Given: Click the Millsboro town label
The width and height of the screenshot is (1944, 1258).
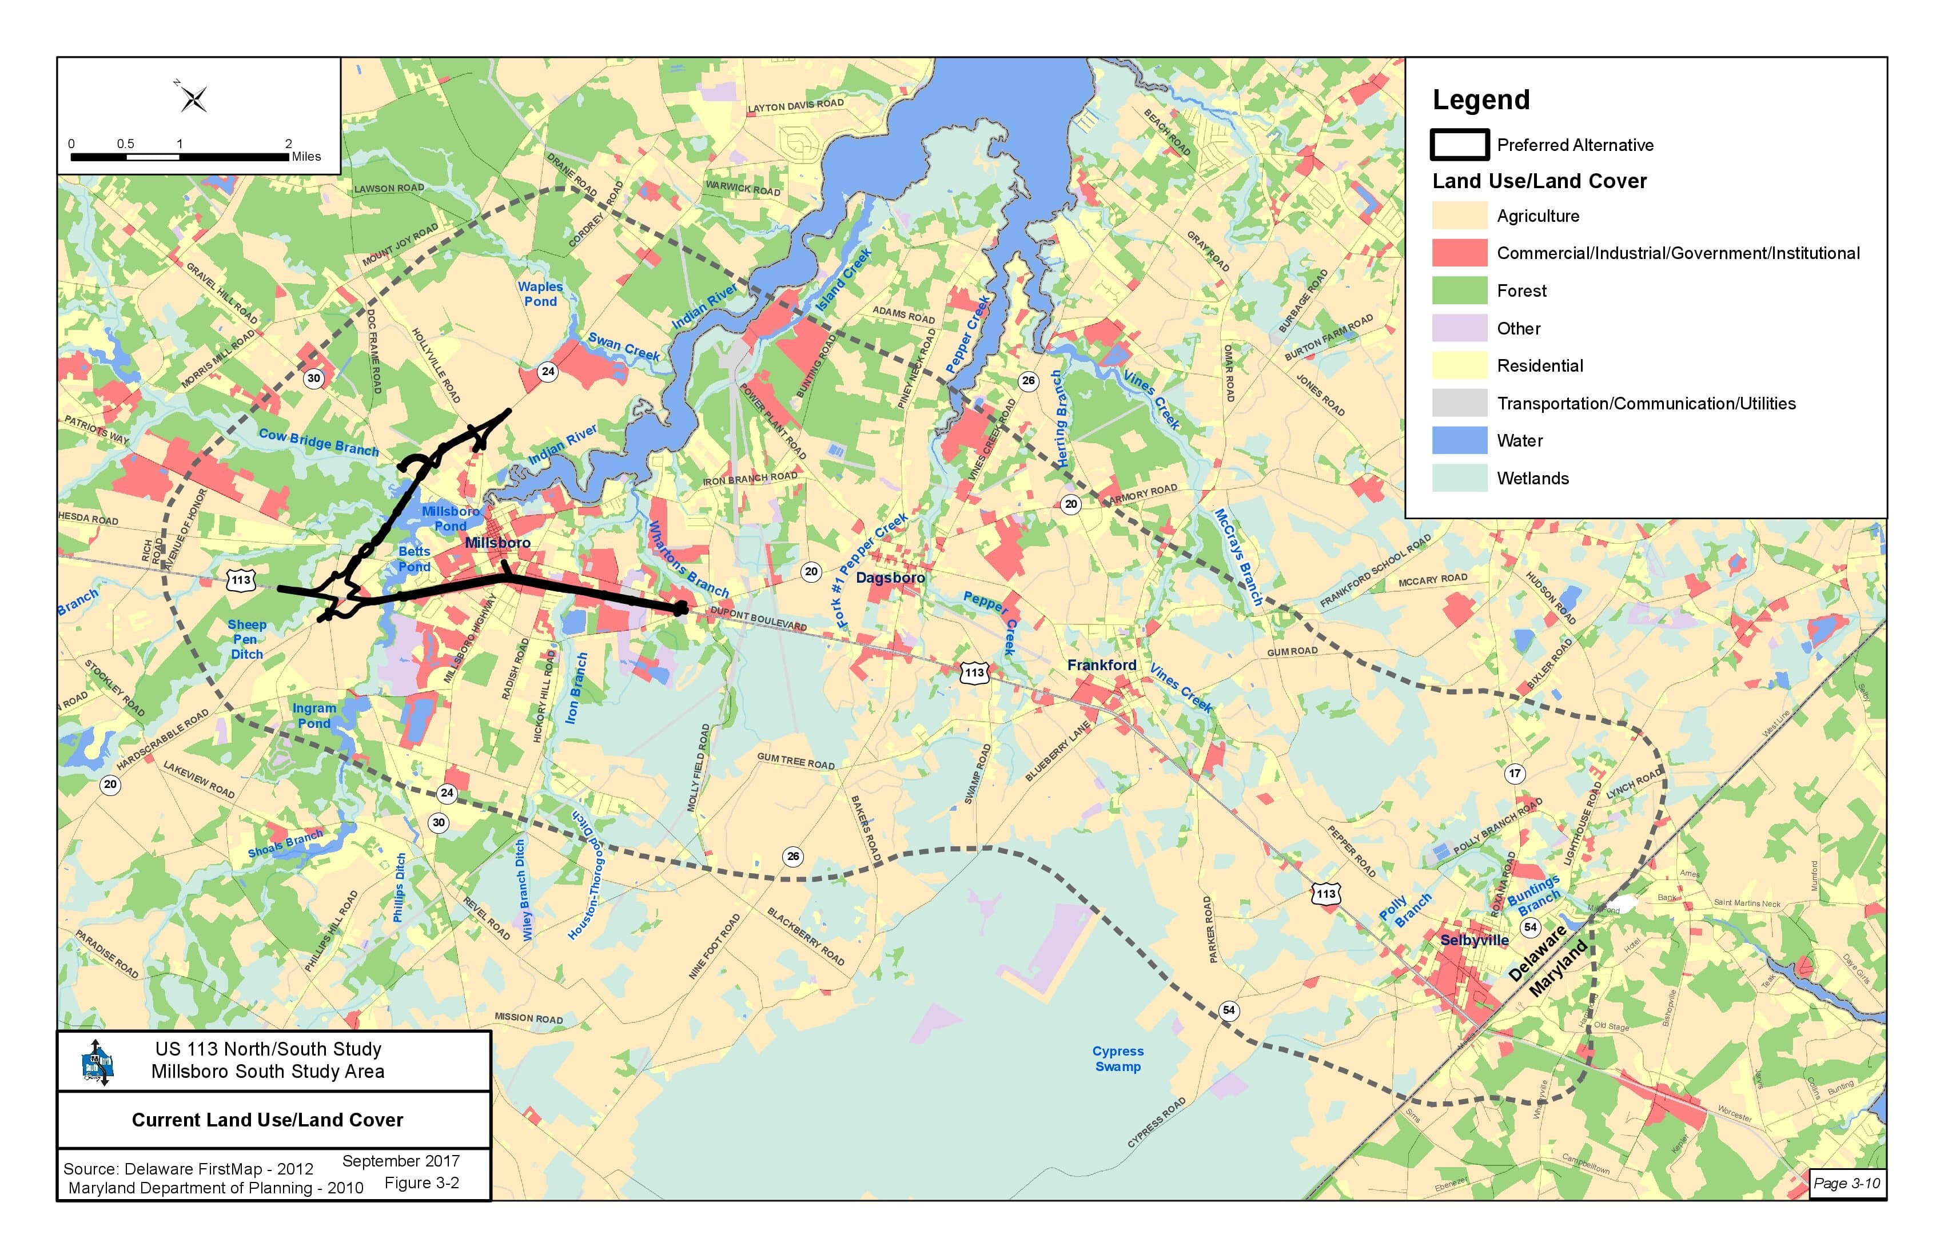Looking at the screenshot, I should click(497, 543).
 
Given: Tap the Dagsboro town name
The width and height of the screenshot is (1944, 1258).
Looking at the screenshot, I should click(890, 578).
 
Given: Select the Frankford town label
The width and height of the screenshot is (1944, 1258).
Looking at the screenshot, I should click(1101, 665).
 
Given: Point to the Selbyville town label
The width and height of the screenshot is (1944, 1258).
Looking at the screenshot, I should click(1475, 940).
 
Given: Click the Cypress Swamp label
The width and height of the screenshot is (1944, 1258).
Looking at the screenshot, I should click(1117, 1058).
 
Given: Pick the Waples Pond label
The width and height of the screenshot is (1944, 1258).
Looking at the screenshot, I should click(540, 294).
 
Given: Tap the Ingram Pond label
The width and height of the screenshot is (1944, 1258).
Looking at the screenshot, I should click(314, 715).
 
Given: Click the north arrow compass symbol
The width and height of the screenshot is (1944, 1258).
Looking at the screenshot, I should click(194, 99).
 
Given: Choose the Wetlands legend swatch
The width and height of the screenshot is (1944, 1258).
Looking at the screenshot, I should click(1459, 478).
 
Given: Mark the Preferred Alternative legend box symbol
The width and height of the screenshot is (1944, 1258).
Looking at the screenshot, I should click(1459, 145).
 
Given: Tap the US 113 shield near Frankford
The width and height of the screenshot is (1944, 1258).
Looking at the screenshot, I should click(974, 673).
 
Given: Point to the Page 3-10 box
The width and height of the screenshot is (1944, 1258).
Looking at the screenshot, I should click(1846, 1183).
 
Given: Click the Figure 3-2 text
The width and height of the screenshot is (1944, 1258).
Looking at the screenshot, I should click(421, 1183).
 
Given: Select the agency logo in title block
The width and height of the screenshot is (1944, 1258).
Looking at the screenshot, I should click(97, 1062).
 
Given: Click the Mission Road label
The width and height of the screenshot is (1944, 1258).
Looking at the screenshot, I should click(528, 1018).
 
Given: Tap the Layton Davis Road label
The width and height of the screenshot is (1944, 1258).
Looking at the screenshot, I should click(795, 105).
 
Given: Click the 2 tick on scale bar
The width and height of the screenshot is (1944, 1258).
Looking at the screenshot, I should click(288, 144).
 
